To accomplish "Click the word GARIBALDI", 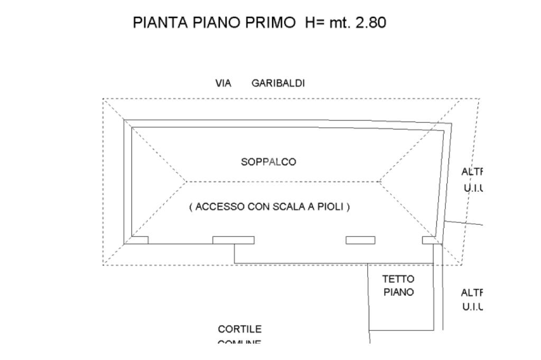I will [278, 83].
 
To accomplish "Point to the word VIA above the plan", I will [223, 83].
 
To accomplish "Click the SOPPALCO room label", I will [268, 162].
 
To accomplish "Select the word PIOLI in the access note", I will [332, 207].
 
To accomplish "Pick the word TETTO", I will [398, 279].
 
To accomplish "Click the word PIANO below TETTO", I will [398, 292].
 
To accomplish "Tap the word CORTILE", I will [239, 329].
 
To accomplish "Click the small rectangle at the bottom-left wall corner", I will [139, 240].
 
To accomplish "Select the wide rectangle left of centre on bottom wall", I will [233, 240].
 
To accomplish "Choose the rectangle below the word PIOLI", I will [360, 240].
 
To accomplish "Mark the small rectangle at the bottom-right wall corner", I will [430, 240].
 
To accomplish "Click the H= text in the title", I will [316, 23].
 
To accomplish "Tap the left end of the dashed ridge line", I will [185, 182].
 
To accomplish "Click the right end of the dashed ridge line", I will [380, 182].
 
